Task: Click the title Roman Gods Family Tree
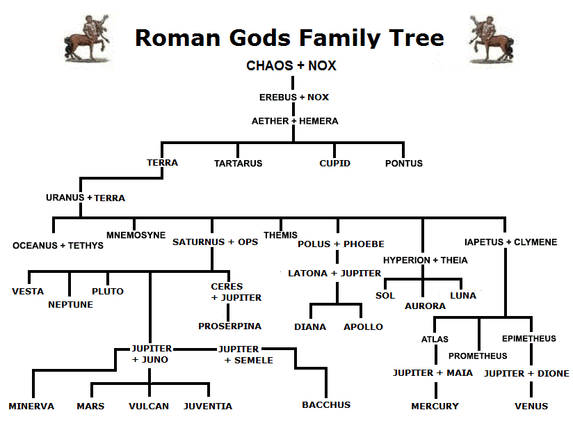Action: pos(289,37)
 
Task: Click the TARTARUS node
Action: pos(238,164)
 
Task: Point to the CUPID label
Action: pos(334,164)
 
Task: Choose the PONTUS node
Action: pos(404,164)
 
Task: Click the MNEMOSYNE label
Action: pos(136,235)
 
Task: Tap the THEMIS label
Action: pos(280,235)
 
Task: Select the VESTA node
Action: pos(28,291)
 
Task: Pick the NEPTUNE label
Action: pos(70,304)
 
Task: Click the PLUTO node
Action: pos(108,291)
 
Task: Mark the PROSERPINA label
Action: pos(229,326)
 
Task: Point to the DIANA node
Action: pos(310,326)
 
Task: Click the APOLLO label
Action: pos(363,326)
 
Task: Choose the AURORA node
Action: pos(425,306)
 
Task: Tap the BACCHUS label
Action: pos(326,404)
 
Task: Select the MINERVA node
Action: pos(31,406)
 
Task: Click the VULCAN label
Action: pos(149,406)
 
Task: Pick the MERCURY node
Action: pos(435,406)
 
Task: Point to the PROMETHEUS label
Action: pos(478,356)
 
